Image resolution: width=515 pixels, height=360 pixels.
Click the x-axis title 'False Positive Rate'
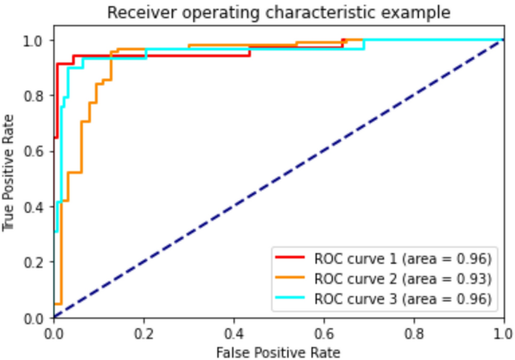279,351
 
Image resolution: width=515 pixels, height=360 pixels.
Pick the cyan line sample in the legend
290,298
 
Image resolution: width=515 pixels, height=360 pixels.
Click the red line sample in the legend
290,258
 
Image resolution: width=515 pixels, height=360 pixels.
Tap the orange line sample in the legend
290,278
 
